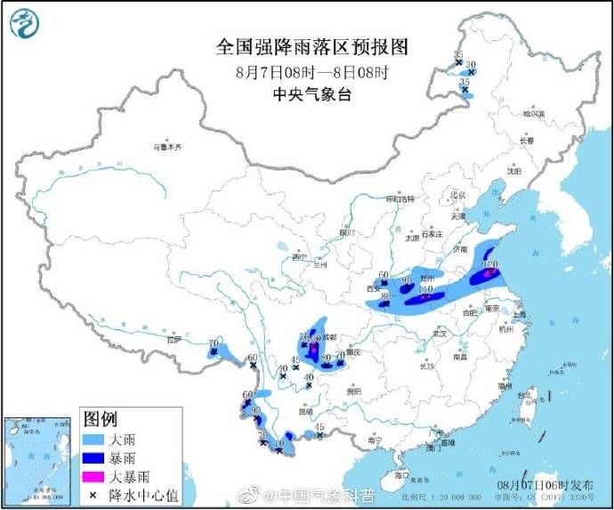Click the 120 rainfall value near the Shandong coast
pos(489,264)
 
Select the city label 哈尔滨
pos(533,114)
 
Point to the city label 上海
pos(519,314)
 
